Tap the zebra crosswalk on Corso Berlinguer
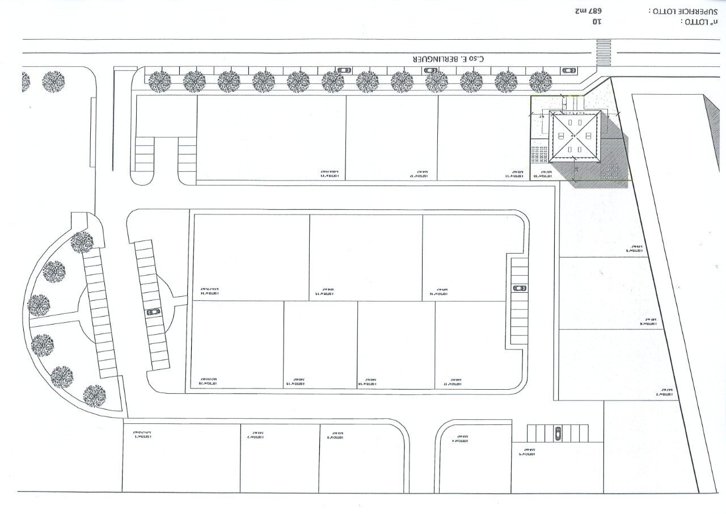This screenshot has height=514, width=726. pyautogui.click(x=603, y=52)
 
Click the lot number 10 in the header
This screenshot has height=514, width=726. pyautogui.click(x=596, y=22)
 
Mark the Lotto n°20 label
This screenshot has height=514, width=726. pyautogui.click(x=209, y=381)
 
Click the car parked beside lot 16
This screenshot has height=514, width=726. pyautogui.click(x=519, y=288)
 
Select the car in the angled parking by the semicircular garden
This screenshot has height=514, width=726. pyautogui.click(x=153, y=312)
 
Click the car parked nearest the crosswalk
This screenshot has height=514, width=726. pyautogui.click(x=568, y=70)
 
